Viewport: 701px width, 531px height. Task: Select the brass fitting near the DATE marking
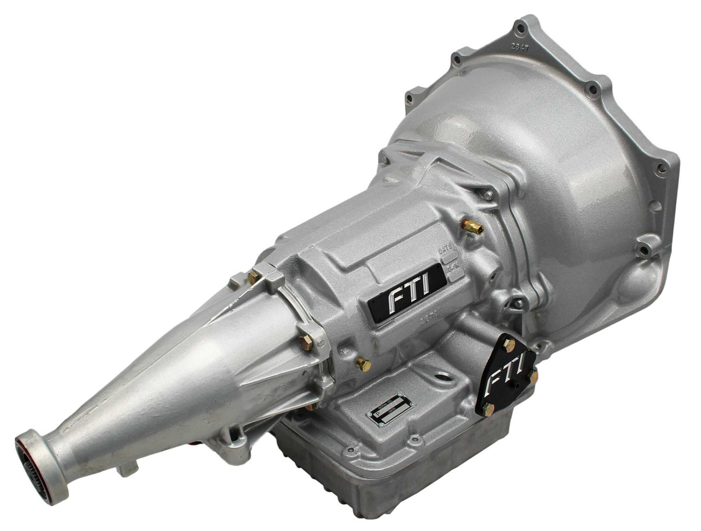[472, 227]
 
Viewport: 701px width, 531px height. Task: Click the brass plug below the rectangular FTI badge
[363, 364]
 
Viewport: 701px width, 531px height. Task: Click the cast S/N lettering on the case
[453, 268]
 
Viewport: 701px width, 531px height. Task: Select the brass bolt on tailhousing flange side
[306, 343]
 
